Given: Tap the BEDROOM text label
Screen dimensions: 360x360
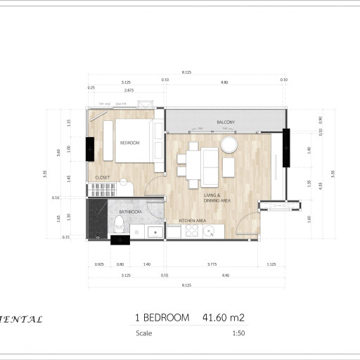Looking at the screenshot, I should pyautogui.click(x=130, y=143).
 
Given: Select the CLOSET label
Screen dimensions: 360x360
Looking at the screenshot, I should pyautogui.click(x=103, y=178).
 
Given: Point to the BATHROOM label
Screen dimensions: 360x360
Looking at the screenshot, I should pyautogui.click(x=130, y=212).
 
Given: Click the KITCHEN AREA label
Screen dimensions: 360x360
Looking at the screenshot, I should pyautogui.click(x=192, y=221).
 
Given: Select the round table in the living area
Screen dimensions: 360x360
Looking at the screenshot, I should pyautogui.click(x=229, y=145).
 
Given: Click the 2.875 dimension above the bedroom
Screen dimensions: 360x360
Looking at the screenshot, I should pyautogui.click(x=129, y=91).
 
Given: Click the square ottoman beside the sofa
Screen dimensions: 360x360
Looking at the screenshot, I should pyautogui.click(x=229, y=166).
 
